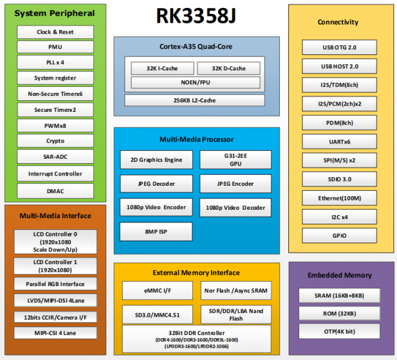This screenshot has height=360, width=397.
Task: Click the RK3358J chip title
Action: (x=195, y=18)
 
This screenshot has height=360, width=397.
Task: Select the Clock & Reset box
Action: (x=55, y=32)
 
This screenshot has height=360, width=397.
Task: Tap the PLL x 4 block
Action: (x=55, y=62)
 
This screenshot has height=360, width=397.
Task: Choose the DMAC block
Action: (x=55, y=191)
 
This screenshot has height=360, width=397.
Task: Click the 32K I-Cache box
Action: (x=161, y=68)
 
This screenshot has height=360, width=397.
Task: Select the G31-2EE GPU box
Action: (x=235, y=160)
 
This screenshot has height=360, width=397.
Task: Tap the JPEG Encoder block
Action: (x=235, y=183)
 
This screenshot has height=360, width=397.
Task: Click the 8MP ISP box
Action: (x=156, y=232)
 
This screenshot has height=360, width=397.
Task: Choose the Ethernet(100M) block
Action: (x=339, y=198)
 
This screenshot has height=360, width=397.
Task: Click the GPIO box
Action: (x=339, y=235)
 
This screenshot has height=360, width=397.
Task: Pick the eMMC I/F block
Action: (x=157, y=290)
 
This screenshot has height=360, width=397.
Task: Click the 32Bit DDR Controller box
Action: (x=197, y=339)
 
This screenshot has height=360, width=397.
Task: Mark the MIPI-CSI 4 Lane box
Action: (x=55, y=333)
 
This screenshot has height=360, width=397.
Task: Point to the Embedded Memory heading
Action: (x=339, y=275)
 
